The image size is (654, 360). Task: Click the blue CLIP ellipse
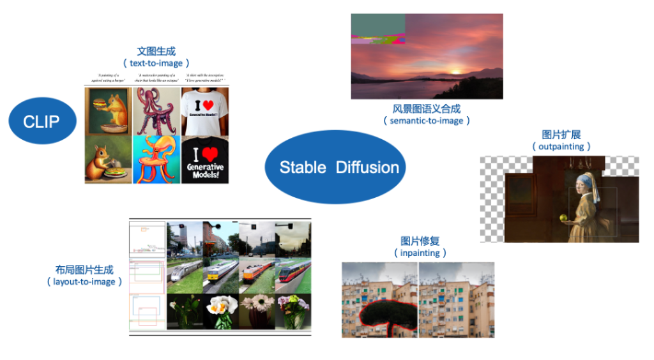pos(42,121)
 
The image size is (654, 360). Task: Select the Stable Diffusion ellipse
pos(335,167)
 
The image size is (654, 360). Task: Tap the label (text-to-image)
pos(156,63)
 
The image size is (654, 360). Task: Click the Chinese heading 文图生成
pos(156,51)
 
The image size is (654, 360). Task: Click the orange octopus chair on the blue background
pos(156,160)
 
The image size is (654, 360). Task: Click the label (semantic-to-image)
pos(427,121)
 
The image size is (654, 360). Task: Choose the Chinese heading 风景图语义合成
pos(427,109)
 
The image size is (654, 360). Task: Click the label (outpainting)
pos(561,146)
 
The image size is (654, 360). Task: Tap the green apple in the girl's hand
pos(564,218)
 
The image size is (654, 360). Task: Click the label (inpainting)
pos(420,253)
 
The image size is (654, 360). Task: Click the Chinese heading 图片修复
pos(420,241)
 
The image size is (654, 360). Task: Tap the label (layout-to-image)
pos(84,281)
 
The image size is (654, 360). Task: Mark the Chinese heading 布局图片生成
pos(84,269)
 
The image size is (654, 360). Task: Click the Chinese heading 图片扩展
pos(561,134)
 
